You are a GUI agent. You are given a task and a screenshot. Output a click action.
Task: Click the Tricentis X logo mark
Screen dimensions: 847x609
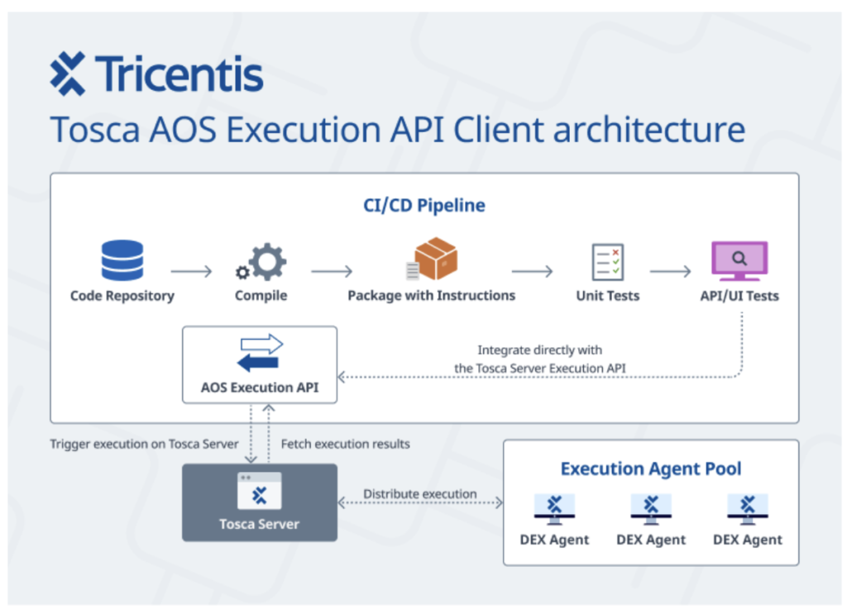[68, 74]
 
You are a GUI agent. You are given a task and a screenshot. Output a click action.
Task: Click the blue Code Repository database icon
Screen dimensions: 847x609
[122, 260]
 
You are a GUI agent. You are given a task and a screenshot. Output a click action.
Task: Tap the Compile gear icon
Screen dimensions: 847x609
[261, 262]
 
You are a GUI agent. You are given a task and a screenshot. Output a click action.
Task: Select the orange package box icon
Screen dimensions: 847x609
[432, 259]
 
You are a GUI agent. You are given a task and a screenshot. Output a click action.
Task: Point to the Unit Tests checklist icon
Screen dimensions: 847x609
[608, 262]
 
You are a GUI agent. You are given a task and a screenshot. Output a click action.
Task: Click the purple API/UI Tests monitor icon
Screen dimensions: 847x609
[739, 260]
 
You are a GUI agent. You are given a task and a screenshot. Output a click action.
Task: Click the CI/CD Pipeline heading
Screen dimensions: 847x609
[424, 206]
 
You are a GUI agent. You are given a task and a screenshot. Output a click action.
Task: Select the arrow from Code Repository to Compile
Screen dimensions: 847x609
[191, 271]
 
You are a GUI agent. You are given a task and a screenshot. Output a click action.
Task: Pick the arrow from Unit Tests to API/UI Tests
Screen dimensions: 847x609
[670, 271]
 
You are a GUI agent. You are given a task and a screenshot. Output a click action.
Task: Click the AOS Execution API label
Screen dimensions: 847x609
[260, 388]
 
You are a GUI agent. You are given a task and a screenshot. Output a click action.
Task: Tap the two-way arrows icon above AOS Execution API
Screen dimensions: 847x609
[260, 353]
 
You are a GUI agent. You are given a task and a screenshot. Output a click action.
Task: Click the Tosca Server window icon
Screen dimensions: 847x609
[259, 491]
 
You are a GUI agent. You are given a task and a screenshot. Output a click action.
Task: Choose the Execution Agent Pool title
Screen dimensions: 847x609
[651, 469]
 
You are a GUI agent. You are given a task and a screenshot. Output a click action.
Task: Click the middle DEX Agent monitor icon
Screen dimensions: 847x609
[651, 510]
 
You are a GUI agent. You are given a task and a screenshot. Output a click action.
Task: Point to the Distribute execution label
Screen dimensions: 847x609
[419, 493]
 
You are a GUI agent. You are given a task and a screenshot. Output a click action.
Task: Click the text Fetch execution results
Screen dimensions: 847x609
[345, 444]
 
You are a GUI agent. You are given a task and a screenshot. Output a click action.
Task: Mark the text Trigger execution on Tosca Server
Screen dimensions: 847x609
[144, 444]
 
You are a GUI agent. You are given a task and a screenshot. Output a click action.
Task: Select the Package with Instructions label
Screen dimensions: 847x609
[432, 296]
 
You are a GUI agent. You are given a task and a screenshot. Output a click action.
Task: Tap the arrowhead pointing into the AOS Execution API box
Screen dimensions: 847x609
[341, 377]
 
